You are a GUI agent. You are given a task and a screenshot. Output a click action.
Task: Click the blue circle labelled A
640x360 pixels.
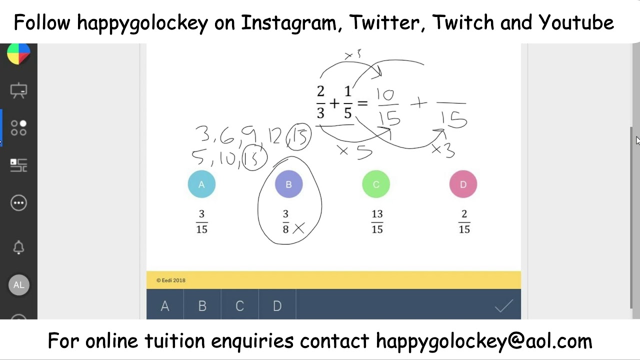(201, 184)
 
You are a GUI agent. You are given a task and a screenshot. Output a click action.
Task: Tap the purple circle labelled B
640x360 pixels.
(288, 184)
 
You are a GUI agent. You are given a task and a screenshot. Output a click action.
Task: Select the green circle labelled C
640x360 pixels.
(376, 184)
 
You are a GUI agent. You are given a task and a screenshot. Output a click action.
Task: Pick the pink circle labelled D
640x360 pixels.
(463, 184)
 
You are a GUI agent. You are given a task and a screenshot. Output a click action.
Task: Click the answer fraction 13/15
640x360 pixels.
(377, 221)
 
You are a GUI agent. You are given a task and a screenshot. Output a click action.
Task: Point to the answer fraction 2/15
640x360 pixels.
(464, 221)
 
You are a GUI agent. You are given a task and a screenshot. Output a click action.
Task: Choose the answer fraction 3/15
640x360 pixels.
(201, 221)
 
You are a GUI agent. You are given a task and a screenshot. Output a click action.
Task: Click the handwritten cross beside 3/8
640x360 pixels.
(298, 228)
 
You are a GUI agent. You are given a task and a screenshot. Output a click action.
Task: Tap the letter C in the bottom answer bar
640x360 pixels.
(239, 306)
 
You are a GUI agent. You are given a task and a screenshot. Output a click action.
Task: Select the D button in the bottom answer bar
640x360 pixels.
(277, 306)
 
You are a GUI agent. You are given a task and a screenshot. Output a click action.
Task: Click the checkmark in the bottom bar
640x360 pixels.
(503, 305)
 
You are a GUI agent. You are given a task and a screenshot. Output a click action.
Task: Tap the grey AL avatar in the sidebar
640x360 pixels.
(18, 285)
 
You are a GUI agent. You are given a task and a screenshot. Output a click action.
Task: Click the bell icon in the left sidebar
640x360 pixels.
(18, 247)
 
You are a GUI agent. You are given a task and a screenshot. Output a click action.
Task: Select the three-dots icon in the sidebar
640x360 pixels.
(18, 202)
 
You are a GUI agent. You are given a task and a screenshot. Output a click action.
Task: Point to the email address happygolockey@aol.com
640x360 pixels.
(483, 341)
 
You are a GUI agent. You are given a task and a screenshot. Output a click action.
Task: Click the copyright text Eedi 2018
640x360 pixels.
(171, 280)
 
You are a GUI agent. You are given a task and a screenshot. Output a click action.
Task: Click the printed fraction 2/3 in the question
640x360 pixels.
(320, 102)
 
